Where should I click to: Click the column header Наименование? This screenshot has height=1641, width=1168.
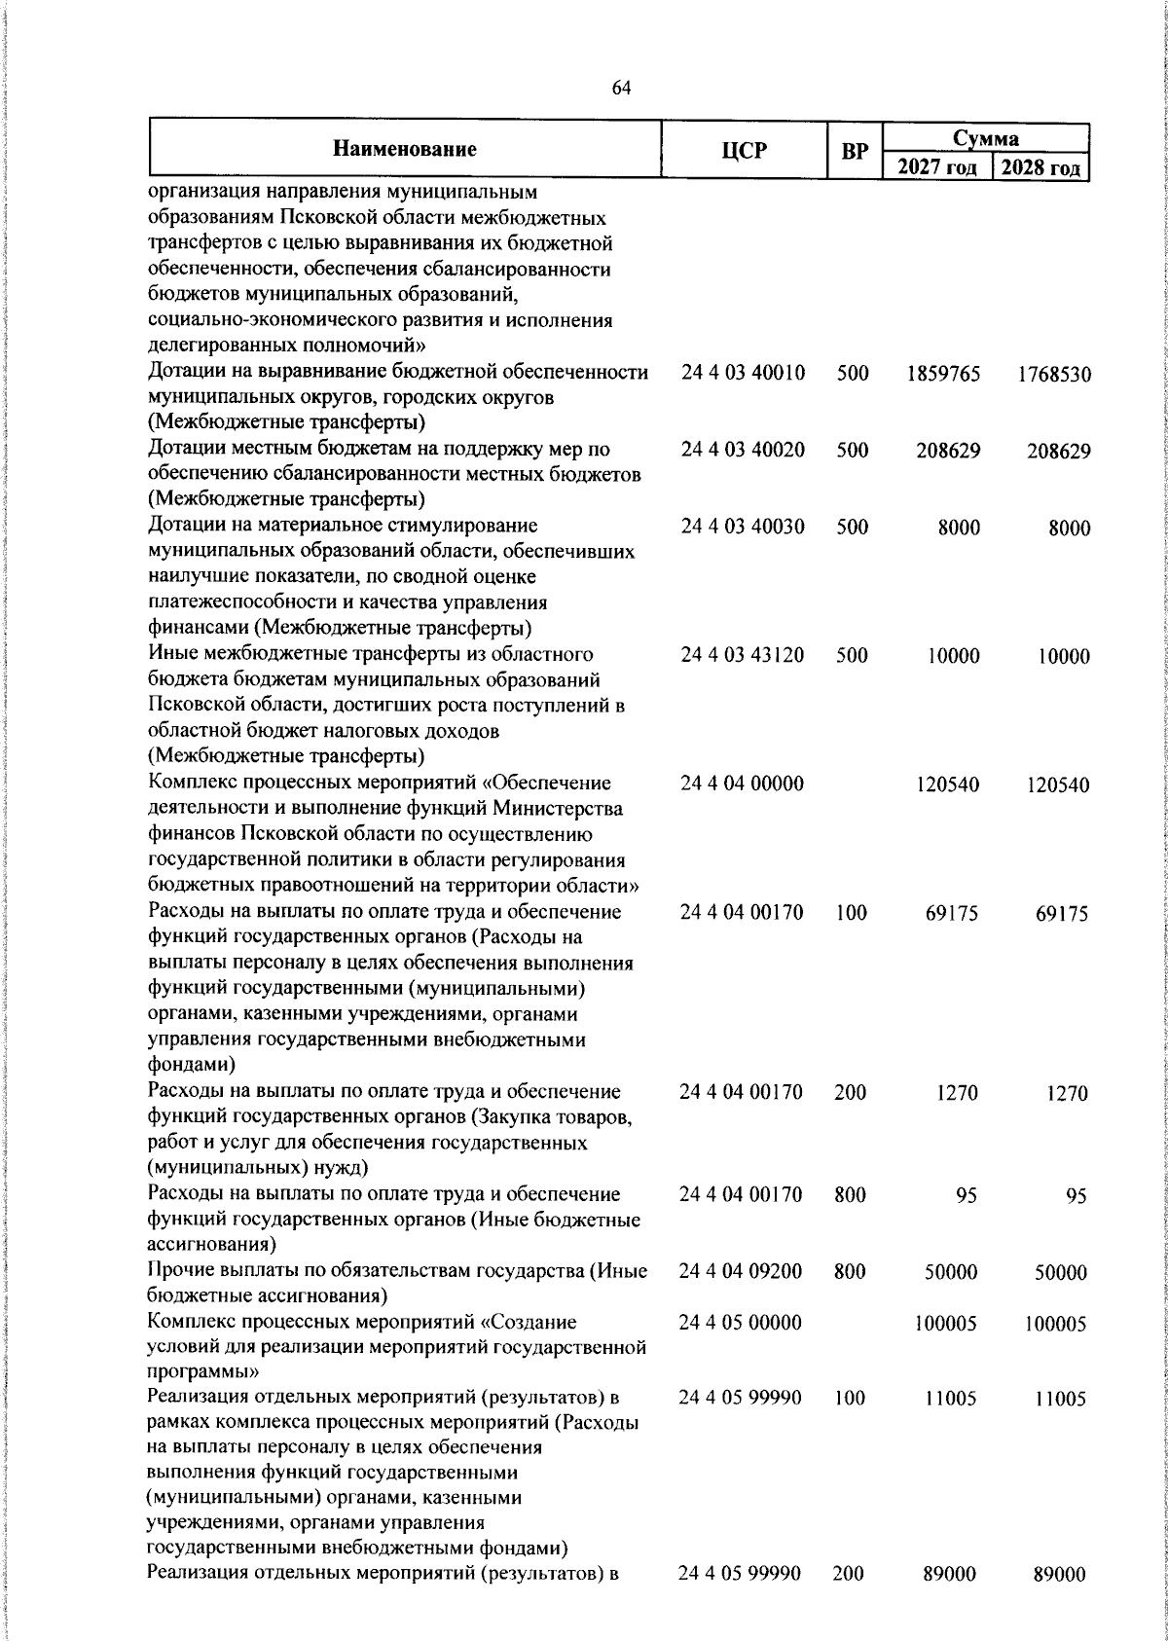click(405, 149)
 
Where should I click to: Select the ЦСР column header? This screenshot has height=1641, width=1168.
click(744, 150)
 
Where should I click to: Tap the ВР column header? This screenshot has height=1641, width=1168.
click(854, 151)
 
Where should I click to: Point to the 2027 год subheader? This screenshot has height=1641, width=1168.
click(935, 167)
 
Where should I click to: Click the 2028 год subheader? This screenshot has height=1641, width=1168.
click(1040, 167)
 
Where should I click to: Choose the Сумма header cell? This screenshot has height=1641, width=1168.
click(985, 137)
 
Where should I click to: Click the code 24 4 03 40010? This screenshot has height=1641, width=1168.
click(743, 373)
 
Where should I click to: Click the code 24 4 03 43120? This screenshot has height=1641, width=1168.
click(743, 655)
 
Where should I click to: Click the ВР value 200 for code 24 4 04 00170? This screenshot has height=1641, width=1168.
click(850, 1092)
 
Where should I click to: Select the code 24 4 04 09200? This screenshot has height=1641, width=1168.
click(741, 1271)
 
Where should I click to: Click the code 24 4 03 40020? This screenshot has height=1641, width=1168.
click(743, 450)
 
